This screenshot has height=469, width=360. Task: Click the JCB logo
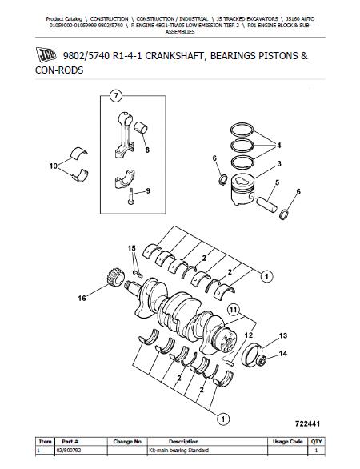coord(46,55)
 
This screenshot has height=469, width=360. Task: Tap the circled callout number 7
coord(116,96)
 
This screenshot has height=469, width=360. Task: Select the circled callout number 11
coord(234,310)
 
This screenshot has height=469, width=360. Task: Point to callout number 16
coord(82,298)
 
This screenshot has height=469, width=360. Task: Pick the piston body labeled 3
coord(242,190)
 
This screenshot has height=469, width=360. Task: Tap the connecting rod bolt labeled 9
coord(131,197)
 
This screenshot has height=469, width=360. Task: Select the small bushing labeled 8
coord(140,128)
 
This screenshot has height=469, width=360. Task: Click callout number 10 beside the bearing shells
coord(54,166)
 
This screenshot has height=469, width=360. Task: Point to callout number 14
coord(283,354)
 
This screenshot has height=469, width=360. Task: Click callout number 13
coord(283,335)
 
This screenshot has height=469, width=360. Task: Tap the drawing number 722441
coord(307,423)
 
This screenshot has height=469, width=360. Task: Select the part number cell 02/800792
coord(69,450)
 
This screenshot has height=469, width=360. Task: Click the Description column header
coord(183,442)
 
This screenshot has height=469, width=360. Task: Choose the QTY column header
coord(316,442)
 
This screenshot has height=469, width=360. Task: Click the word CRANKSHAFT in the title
coord(170,56)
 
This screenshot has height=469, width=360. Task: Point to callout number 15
coord(131,248)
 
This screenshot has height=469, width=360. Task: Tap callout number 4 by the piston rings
coord(279,146)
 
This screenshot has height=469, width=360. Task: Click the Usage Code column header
coord(288,442)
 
